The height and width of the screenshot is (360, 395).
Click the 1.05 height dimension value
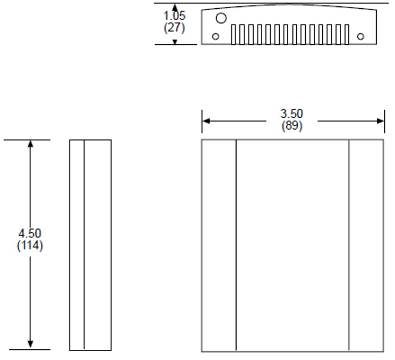tap(175, 17)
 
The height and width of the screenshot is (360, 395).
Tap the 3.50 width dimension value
tap(292, 114)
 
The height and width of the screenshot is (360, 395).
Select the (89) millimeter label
tap(292, 126)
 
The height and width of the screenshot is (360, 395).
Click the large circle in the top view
tap(221, 18)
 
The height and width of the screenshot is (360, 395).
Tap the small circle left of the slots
tap(216, 37)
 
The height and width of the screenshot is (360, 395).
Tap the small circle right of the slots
tap(360, 37)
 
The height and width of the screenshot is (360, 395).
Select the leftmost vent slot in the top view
tap(233, 35)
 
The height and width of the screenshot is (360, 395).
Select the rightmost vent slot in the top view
tap(347, 35)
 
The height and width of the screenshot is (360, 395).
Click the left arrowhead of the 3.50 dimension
tap(205, 121)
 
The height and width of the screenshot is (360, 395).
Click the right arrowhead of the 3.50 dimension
tap(381, 121)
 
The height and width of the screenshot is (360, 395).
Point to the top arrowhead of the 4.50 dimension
tap(30, 143)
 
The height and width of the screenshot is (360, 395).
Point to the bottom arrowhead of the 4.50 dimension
tap(30, 345)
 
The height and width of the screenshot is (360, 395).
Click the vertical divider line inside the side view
tap(84, 245)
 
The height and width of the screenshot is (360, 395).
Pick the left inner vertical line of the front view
tap(236, 245)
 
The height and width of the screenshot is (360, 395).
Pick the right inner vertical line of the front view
tap(349, 245)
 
